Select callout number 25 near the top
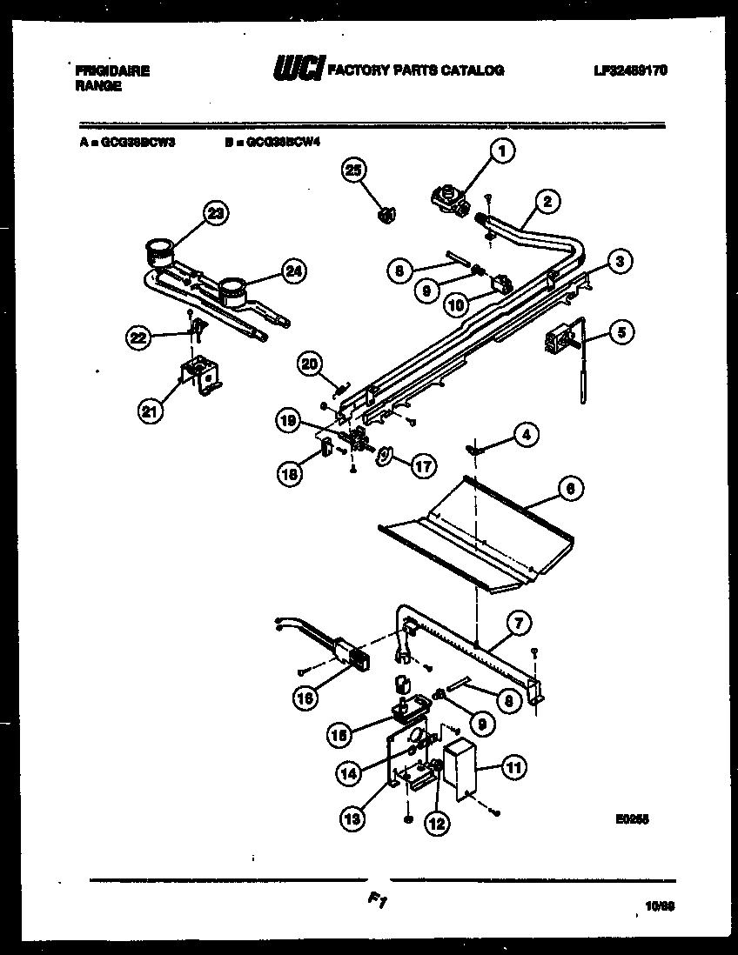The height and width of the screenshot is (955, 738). pos(353,170)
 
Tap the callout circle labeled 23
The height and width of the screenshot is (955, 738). pos(215,213)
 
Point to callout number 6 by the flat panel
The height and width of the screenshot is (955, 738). pos(570,490)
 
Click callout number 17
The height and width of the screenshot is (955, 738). pos(422,465)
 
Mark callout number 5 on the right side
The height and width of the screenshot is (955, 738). pos(621,331)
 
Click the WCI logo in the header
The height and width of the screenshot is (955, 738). pos(299,70)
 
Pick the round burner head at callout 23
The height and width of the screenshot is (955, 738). pos(158,251)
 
